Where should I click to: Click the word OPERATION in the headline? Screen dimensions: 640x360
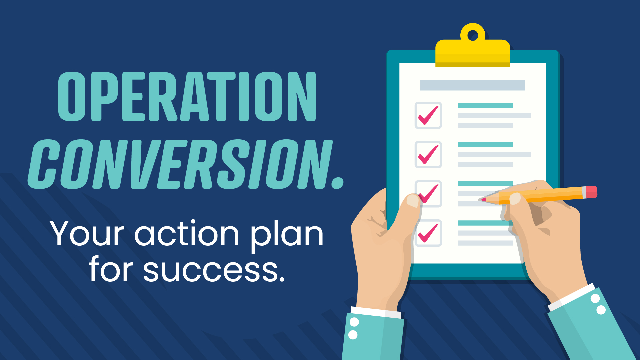[187, 96]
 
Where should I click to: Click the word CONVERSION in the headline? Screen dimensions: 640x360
[180, 164]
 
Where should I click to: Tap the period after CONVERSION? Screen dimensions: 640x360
[338, 183]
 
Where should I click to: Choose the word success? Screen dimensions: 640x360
[214, 271]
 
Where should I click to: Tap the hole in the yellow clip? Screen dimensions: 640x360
[473, 35]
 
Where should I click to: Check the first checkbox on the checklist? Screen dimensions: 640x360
[428, 115]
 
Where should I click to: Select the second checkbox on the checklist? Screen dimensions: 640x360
[428, 155]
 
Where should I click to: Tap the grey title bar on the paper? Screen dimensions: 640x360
[473, 85]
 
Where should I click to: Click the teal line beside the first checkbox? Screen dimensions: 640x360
[485, 105]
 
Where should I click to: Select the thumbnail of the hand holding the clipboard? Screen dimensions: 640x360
[413, 201]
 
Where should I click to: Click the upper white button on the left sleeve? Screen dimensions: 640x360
[354, 322]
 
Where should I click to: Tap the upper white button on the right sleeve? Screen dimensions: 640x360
[595, 298]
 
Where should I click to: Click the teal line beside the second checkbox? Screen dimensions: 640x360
[485, 144]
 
